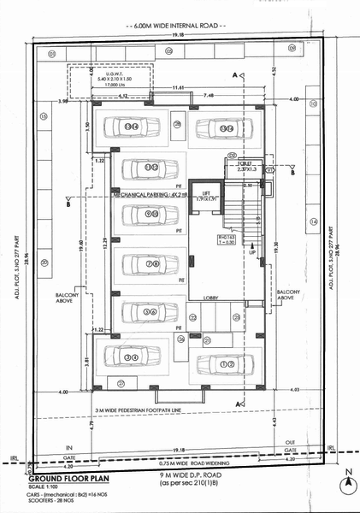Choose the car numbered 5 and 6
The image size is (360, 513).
150,313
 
